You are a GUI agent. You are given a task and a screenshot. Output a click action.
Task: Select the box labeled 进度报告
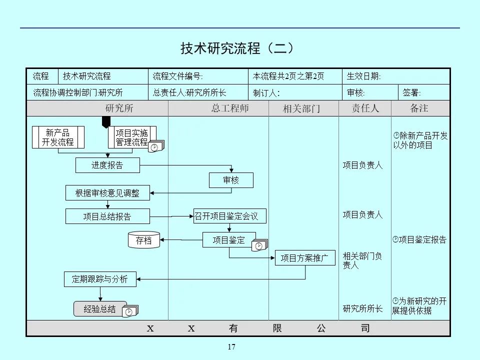point(107,165)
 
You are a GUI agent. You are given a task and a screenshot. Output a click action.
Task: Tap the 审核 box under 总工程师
point(231,180)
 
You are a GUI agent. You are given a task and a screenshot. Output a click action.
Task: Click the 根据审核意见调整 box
point(107,193)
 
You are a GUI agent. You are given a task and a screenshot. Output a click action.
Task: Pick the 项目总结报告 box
point(107,216)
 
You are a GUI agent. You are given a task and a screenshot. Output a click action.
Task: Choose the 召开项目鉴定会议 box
point(230,216)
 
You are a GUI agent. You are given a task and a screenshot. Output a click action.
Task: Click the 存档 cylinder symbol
point(144,240)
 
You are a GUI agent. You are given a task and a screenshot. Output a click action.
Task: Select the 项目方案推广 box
point(304,258)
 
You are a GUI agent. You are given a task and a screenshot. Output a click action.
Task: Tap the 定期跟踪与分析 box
point(100,279)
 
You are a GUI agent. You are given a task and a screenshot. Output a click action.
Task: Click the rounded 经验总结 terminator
point(100,309)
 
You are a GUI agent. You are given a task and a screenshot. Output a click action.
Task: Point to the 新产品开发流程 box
point(58,137)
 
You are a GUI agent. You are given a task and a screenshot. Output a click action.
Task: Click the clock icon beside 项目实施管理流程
point(155,147)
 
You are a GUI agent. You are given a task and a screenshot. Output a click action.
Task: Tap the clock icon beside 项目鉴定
point(259,245)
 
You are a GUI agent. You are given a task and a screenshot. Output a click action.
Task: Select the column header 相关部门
point(301,108)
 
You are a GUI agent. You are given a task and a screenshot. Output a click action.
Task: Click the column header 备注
point(419,108)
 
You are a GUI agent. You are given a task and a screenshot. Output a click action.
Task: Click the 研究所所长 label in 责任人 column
point(362,309)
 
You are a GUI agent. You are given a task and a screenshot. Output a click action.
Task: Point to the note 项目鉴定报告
point(419,240)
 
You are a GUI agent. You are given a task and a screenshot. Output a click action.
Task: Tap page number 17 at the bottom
point(231,347)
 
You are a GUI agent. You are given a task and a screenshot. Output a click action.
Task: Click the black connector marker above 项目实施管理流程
point(106,122)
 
